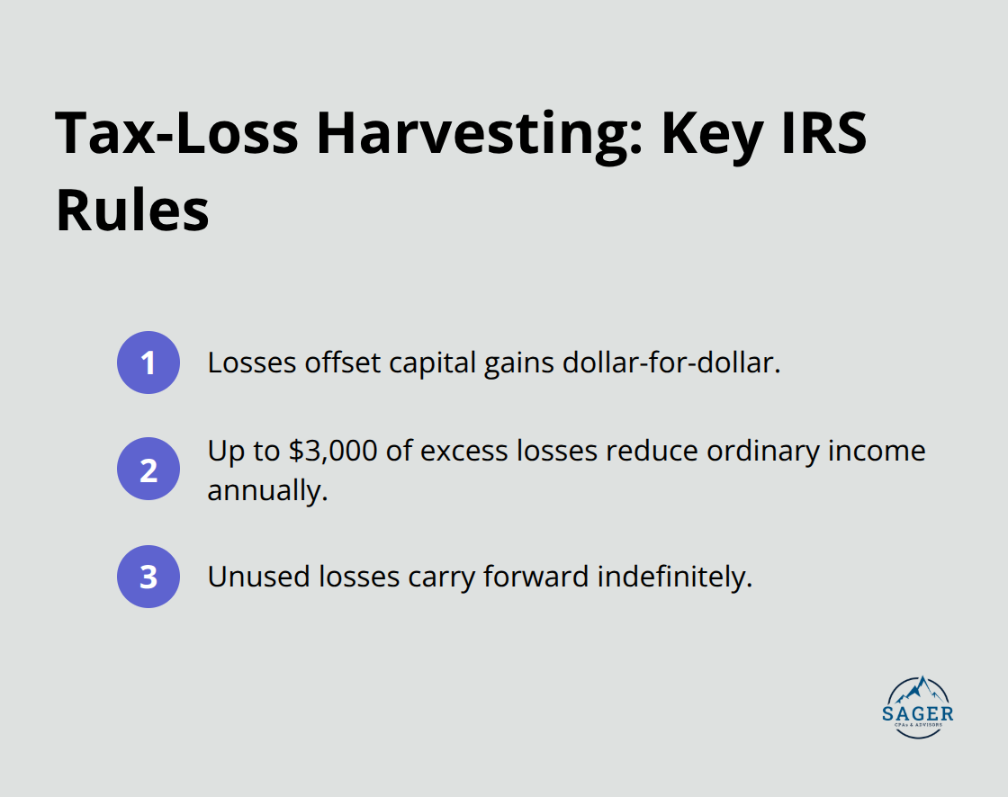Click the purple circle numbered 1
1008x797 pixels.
pos(148,363)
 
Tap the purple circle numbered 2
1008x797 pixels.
pos(148,469)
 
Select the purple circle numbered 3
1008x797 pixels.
pos(148,577)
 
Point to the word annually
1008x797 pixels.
pos(265,490)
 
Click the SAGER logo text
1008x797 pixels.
pos(919,714)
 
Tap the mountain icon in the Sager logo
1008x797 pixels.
pos(919,690)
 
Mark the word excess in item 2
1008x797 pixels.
pos(471,450)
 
